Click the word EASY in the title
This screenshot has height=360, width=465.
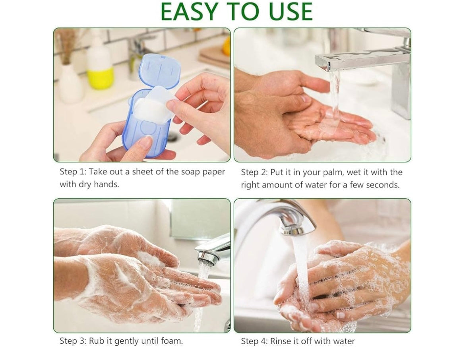click(189, 12)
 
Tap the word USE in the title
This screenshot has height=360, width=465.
click(291, 12)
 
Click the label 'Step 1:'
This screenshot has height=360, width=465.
click(73, 172)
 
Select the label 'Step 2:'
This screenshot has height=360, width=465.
click(254, 172)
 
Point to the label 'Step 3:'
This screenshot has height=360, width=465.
click(73, 341)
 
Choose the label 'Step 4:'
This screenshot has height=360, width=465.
click(254, 341)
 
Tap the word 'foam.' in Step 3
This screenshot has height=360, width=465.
click(172, 341)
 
